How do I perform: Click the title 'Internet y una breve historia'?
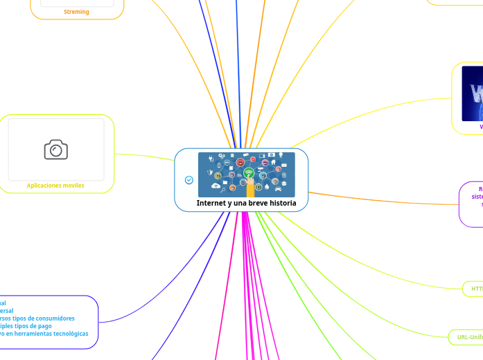246,203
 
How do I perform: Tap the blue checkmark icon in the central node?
189,180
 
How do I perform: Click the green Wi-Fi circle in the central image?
249,172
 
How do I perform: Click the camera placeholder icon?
56,149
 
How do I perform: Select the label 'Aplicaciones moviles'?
55,186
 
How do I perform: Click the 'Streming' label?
76,12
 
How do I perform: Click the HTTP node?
475,288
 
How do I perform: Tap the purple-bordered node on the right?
472,204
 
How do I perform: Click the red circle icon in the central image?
240,162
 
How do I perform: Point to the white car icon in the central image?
278,188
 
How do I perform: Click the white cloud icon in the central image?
216,186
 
